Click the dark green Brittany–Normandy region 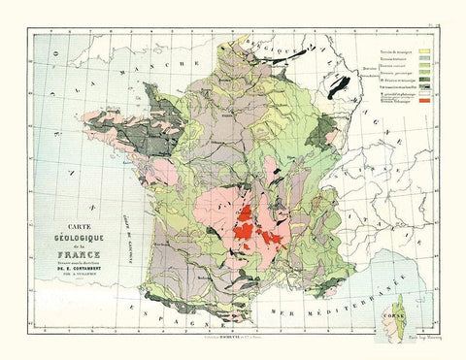pos(155,107)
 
